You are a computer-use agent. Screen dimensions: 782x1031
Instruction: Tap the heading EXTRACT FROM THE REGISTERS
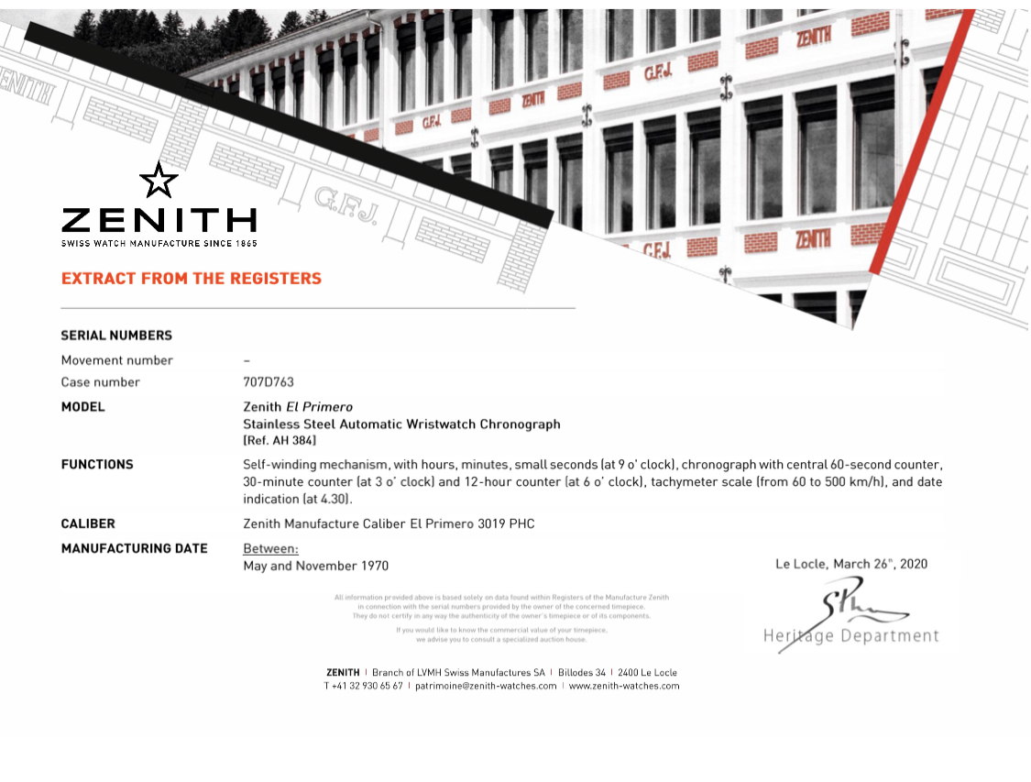coord(192,279)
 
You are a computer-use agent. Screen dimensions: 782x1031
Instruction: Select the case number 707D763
coord(269,382)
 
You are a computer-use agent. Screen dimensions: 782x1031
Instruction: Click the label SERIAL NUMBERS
coord(116,336)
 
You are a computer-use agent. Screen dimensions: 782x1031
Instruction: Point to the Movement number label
coord(116,360)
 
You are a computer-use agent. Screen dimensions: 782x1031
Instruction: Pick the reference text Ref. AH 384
coord(280,441)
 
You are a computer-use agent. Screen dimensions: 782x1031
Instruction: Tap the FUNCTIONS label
coord(97,465)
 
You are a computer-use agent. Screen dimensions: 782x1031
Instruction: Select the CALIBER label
coord(88,524)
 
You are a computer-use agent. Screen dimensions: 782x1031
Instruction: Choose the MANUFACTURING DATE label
coord(134,549)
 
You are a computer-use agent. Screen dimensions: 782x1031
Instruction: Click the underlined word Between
coord(270,549)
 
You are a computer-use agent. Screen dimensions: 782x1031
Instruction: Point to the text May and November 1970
coord(315,567)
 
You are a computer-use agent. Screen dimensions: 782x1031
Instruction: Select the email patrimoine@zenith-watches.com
coord(486,686)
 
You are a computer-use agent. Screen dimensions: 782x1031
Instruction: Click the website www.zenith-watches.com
coord(624,686)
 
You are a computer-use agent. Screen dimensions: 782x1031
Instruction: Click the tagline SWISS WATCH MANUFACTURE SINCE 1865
coord(159,243)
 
